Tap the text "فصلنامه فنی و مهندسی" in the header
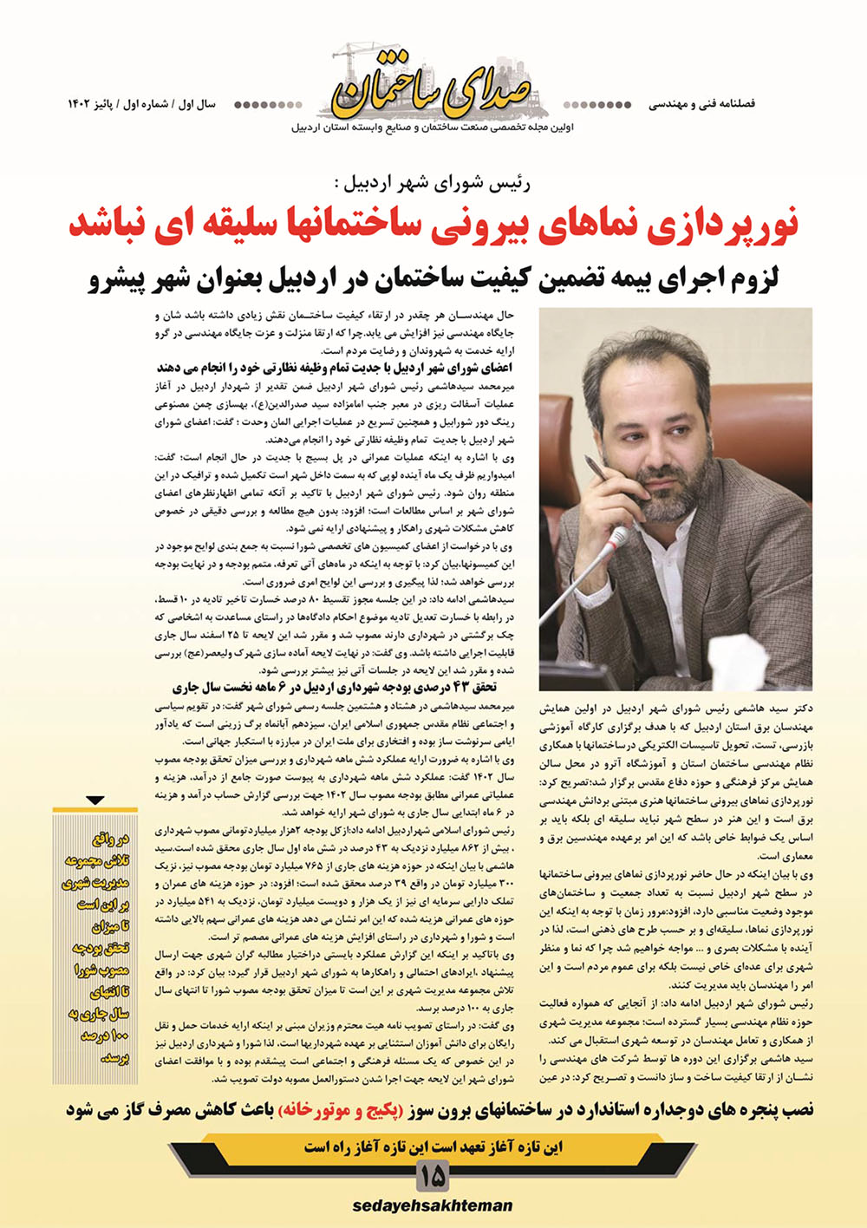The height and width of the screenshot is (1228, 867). click(x=701, y=104)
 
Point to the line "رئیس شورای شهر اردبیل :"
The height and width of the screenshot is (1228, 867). click(x=431, y=183)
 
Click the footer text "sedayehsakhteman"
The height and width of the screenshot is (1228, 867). click(x=433, y=1205)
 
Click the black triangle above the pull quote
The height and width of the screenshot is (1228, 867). click(x=95, y=800)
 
